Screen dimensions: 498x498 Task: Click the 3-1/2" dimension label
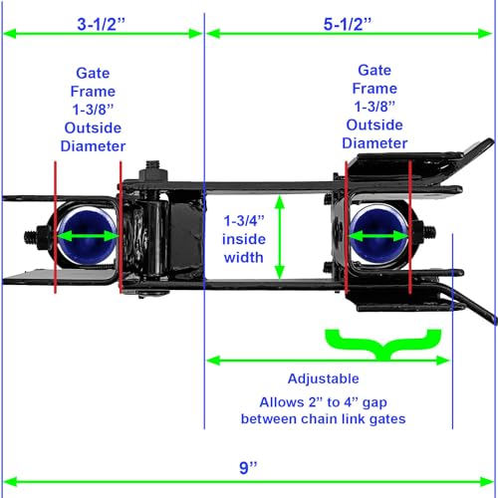pos(101,24)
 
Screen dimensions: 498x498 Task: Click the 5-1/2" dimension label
pos(348,24)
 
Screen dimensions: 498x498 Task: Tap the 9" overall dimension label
pos(248,467)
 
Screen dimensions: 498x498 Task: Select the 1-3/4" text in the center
pos(244,221)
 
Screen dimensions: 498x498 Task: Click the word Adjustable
pos(324,378)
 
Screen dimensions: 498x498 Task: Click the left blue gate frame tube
pos(87,236)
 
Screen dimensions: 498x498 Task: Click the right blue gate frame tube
pos(378,236)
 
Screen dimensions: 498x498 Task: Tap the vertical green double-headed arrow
pos(280,237)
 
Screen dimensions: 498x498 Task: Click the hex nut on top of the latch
pos(153,174)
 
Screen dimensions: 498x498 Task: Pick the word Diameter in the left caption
pos(93,146)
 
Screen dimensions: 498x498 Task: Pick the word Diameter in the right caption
pos(374,143)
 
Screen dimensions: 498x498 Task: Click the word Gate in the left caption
pos(93,73)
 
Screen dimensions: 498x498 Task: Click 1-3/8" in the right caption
pos(374,107)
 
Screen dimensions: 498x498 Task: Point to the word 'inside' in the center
pos(244,239)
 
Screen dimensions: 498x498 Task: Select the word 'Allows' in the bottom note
pos(282,402)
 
